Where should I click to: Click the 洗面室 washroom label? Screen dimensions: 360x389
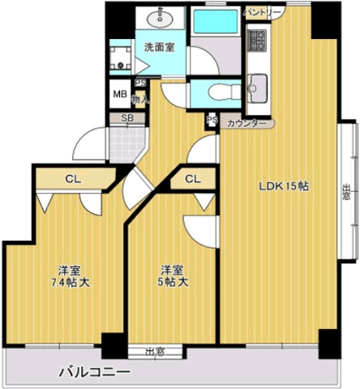159,48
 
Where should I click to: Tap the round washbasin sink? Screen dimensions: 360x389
160,18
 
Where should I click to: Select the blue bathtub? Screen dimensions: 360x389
216,22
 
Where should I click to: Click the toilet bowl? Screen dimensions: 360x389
223,92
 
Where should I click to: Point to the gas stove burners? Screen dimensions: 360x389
258,40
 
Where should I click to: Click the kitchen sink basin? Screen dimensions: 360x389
257,88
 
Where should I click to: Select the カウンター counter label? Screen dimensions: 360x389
246,124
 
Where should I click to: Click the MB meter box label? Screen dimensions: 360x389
120,94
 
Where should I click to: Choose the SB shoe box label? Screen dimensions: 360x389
127,118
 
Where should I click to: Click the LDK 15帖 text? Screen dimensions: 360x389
284,186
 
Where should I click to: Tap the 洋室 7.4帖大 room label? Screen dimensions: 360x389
71,276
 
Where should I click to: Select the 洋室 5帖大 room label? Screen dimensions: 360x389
173,276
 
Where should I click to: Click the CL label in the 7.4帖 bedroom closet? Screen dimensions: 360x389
73,179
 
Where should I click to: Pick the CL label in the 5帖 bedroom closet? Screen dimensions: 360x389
193,178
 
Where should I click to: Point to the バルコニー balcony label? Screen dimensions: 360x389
95,373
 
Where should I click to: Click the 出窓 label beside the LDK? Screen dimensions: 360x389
346,192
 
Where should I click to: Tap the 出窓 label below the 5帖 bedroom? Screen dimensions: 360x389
155,353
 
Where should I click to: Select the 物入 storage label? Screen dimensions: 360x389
140,100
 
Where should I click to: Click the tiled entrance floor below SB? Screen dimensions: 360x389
127,144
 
